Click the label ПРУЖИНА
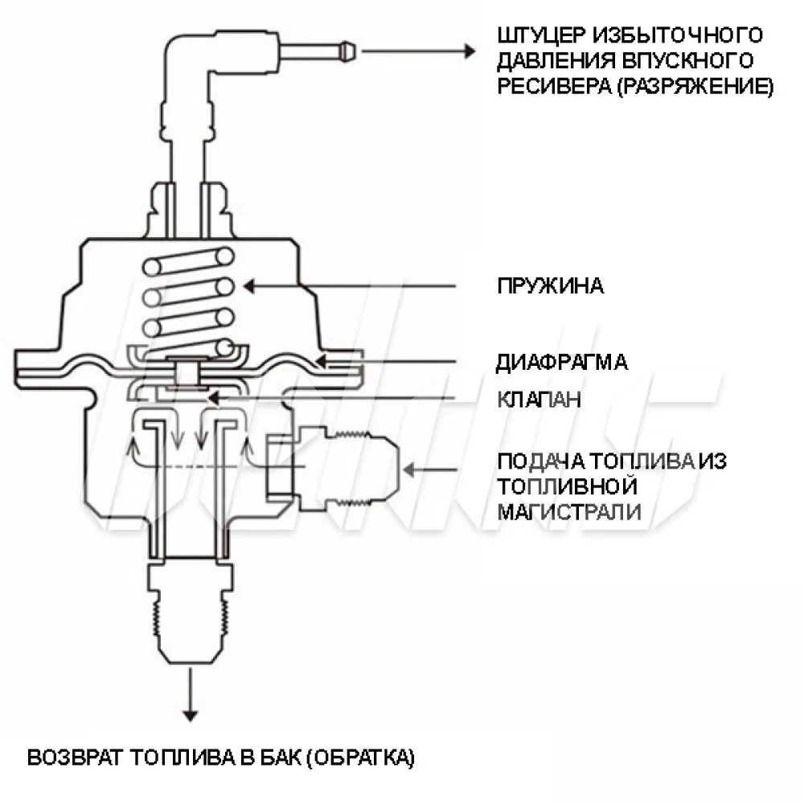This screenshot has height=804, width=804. [x=550, y=287]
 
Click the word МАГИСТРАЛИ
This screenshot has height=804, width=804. [x=569, y=512]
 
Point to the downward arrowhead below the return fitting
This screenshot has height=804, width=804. [x=191, y=714]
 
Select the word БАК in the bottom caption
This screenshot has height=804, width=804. [x=277, y=757]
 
